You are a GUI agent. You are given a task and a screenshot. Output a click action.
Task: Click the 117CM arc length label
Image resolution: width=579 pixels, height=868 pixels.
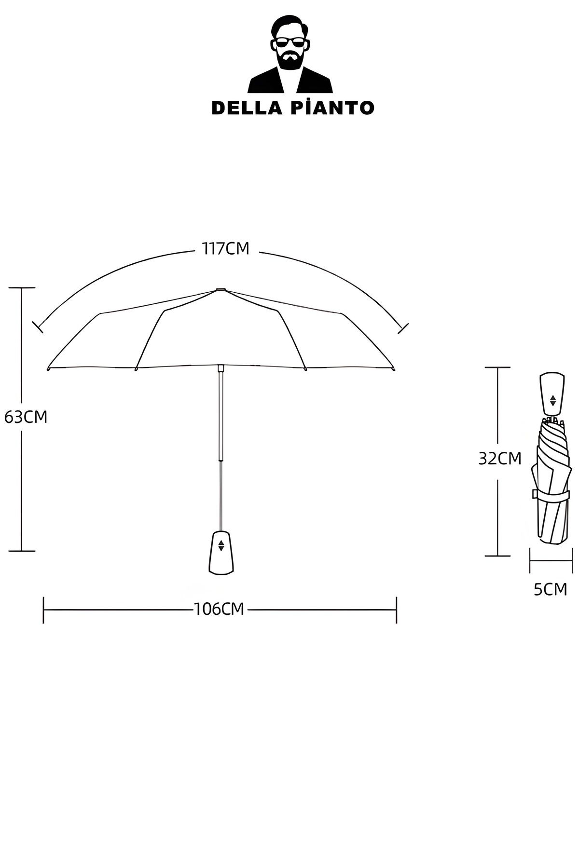pyautogui.click(x=225, y=249)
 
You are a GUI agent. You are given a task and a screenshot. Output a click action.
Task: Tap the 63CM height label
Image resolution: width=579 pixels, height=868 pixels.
pyautogui.click(x=26, y=417)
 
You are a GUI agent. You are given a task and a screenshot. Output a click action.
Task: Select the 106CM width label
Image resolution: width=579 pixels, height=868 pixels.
pyautogui.click(x=219, y=609)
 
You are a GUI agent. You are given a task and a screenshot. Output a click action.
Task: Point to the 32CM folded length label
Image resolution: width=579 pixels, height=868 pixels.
pyautogui.click(x=500, y=459)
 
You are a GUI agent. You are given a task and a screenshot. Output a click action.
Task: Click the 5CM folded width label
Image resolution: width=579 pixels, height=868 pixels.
pyautogui.click(x=550, y=589)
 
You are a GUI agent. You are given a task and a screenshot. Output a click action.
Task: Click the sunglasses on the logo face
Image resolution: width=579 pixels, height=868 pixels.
pyautogui.click(x=289, y=43)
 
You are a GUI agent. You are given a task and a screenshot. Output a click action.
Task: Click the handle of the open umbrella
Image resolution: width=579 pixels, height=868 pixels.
pyautogui.click(x=221, y=552)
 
